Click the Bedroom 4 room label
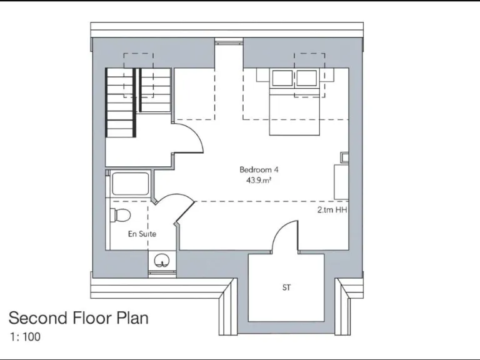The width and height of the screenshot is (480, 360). [259, 169]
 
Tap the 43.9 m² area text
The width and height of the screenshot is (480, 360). [259, 180]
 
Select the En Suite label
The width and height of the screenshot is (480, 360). [142, 234]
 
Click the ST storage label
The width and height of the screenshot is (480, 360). [286, 288]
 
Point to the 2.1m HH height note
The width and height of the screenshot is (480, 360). [331, 211]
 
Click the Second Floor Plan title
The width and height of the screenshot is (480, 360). [79, 318]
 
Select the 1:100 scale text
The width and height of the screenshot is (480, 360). [25, 337]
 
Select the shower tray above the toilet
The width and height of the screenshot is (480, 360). [130, 184]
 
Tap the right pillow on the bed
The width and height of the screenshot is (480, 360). [307, 79]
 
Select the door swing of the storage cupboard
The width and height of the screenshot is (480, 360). [285, 238]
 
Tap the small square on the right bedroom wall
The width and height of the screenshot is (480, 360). [344, 156]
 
